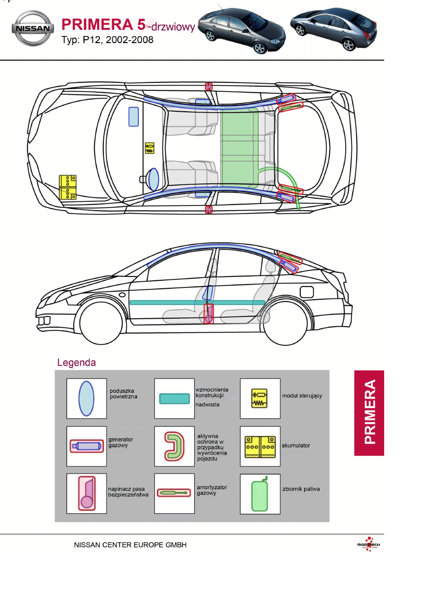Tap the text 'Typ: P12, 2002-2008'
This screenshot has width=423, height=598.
108,40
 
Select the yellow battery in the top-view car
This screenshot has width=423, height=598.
68,187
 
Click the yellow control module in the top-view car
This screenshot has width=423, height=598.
150,148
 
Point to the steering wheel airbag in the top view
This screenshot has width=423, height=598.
153,179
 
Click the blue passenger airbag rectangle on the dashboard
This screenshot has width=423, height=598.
134,116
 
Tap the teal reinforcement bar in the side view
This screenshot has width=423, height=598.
197,302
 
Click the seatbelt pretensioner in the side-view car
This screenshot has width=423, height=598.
209,314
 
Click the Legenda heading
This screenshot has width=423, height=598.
76,363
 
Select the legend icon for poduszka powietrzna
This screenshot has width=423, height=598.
86,398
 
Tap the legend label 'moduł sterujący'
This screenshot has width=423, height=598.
302,396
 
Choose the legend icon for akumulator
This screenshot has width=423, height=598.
260,446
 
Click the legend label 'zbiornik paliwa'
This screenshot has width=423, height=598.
301,489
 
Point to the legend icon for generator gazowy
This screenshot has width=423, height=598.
86,446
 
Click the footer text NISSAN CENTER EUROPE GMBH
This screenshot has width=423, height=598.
130,545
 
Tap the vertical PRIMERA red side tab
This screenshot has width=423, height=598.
369,412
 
